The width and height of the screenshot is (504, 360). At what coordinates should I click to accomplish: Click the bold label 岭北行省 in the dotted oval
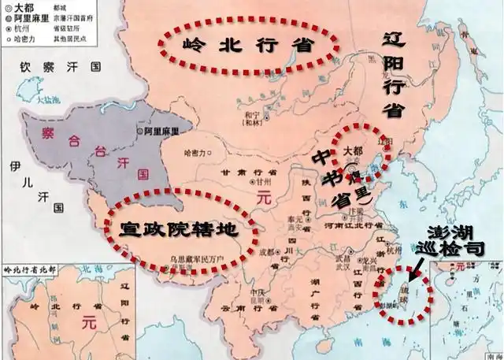(x=245, y=44)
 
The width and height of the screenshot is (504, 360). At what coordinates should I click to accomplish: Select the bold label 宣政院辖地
(x=178, y=228)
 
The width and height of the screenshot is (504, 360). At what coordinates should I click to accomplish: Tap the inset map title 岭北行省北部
(x=30, y=269)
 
